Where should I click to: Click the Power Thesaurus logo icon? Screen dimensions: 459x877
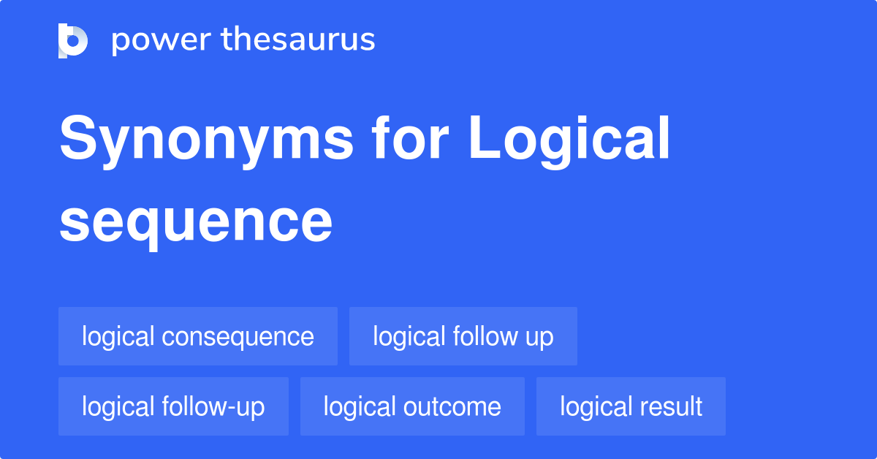[x=73, y=40]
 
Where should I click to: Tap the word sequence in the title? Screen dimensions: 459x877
[x=196, y=222]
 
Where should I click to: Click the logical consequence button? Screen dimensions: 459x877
[x=198, y=336]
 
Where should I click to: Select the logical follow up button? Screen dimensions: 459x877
[x=463, y=336]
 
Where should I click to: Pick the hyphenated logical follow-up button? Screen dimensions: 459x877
[x=173, y=406]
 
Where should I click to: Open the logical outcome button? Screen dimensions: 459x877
[x=412, y=406]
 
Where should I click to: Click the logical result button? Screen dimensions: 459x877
[x=631, y=406]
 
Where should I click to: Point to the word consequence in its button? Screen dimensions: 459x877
[x=238, y=337]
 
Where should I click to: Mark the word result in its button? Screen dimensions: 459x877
[x=671, y=406]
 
